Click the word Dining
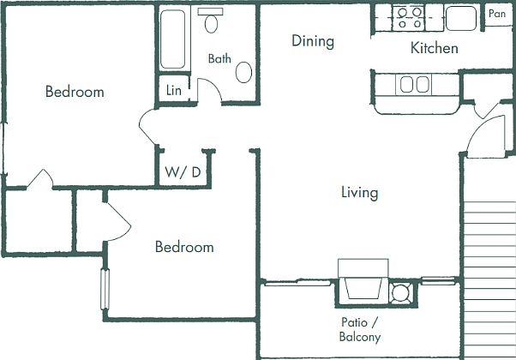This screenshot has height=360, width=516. click(312, 41)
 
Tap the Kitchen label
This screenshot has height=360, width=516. click(434, 48)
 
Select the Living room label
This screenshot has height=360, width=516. click(359, 193)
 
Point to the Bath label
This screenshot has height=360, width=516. click(220, 59)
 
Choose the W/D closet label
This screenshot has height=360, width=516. click(183, 172)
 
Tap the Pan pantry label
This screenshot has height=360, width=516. click(497, 14)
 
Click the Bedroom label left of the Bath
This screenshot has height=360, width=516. click(75, 92)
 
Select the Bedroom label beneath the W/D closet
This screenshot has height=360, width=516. click(184, 247)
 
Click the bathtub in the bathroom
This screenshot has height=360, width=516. click(173, 39)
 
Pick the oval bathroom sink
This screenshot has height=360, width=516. click(244, 72)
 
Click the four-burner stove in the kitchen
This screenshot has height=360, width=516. click(407, 17)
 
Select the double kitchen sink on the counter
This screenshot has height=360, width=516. click(414, 84)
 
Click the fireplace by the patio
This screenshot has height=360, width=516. click(361, 283)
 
